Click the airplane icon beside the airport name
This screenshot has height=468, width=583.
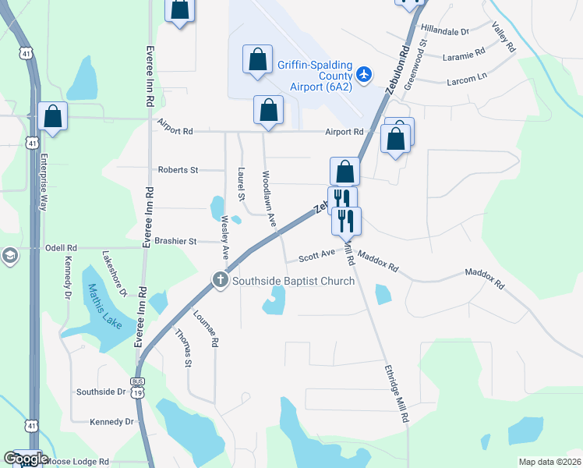click(x=363, y=74)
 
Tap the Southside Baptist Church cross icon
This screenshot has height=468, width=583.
click(x=221, y=280)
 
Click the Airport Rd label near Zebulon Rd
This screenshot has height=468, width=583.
click(x=344, y=132)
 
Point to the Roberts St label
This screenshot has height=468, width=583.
click(x=178, y=169)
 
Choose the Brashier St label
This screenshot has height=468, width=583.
click(x=175, y=242)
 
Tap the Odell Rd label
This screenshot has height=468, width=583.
click(x=62, y=248)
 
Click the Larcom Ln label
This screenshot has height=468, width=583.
click(x=466, y=79)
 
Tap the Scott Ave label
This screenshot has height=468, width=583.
click(x=316, y=255)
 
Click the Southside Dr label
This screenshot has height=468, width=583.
click(x=101, y=392)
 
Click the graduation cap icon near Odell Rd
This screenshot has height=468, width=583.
click(x=9, y=256)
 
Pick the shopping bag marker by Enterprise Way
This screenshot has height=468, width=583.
click(x=52, y=116)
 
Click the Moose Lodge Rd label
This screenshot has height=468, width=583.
click(x=76, y=462)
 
